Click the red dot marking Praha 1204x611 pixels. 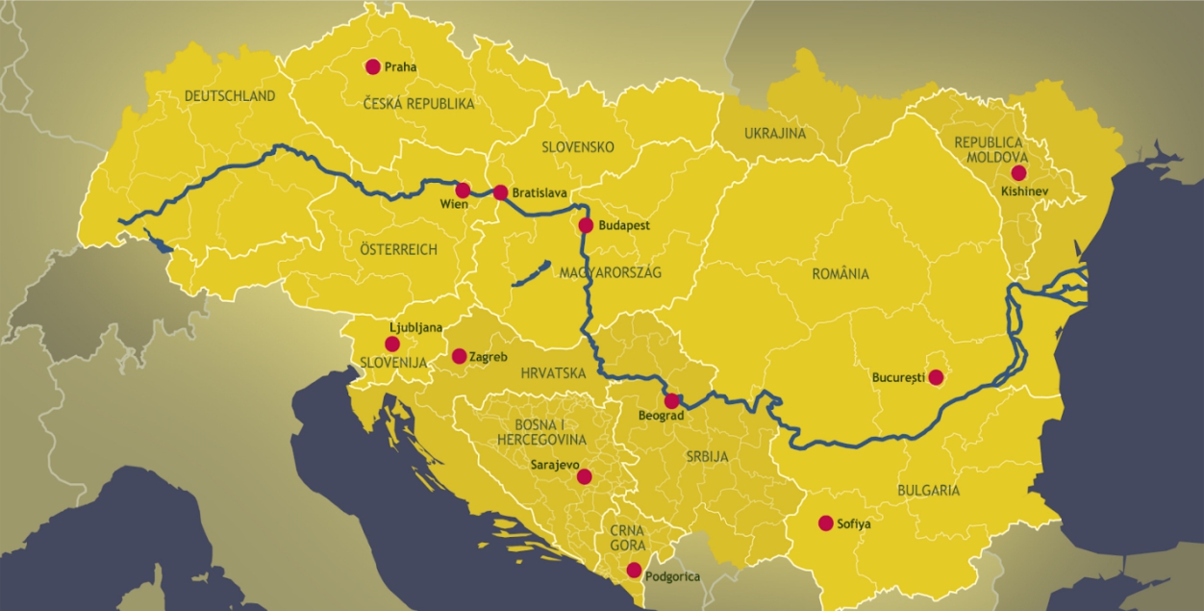373,66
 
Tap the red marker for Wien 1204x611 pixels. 463,191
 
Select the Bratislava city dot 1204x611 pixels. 500,192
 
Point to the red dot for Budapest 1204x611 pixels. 586,225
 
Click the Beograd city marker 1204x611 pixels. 671,401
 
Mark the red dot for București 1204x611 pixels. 936,378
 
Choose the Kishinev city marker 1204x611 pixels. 1018,173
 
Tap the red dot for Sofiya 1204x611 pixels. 825,523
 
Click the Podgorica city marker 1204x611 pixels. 634,570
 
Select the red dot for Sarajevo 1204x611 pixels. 583,476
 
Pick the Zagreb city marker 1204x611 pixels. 459,356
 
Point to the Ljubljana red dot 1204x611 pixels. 392,344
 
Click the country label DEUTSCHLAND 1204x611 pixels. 230,96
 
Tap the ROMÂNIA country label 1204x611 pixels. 840,274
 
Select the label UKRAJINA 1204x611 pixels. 775,134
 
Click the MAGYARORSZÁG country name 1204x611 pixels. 611,273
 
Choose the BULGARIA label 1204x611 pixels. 928,491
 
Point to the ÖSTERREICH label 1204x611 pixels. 398,250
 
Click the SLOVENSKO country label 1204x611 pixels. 577,147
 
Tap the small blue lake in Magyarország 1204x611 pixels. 530,273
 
